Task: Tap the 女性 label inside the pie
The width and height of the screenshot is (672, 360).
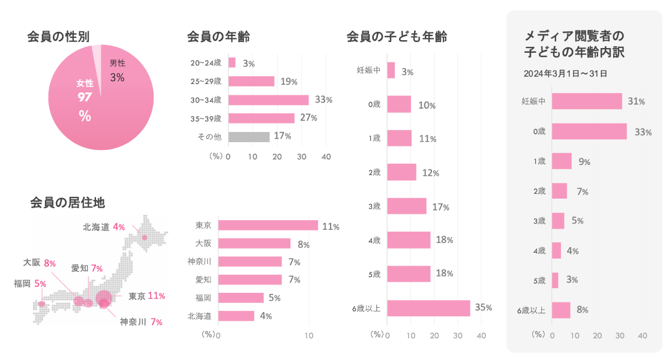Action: tap(85, 83)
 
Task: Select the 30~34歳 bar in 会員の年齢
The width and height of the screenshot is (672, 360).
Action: tap(268, 100)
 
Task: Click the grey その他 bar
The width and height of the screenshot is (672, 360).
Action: tap(249, 136)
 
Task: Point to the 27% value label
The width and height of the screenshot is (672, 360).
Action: tap(308, 118)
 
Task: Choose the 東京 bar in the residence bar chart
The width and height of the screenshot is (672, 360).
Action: tap(268, 226)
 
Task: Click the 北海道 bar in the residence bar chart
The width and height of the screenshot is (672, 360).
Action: tap(236, 316)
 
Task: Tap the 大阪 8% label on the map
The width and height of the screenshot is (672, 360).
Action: tap(40, 263)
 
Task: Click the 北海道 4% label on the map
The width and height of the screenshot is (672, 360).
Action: tap(104, 227)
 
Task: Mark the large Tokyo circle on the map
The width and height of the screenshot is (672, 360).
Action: tap(104, 296)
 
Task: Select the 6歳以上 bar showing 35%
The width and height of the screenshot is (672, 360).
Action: tap(428, 308)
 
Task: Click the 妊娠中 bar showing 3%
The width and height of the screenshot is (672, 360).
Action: tap(391, 71)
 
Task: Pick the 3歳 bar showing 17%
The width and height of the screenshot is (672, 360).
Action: tap(407, 206)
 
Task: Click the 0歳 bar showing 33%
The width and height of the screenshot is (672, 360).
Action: tap(589, 131)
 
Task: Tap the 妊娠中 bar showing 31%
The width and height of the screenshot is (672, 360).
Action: tap(587, 101)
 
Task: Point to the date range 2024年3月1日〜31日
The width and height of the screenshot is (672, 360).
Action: tap(565, 74)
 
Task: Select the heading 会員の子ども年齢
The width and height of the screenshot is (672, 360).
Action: tap(397, 37)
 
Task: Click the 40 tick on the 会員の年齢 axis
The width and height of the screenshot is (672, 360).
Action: tap(326, 157)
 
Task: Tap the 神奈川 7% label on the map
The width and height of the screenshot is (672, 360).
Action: tap(141, 322)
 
